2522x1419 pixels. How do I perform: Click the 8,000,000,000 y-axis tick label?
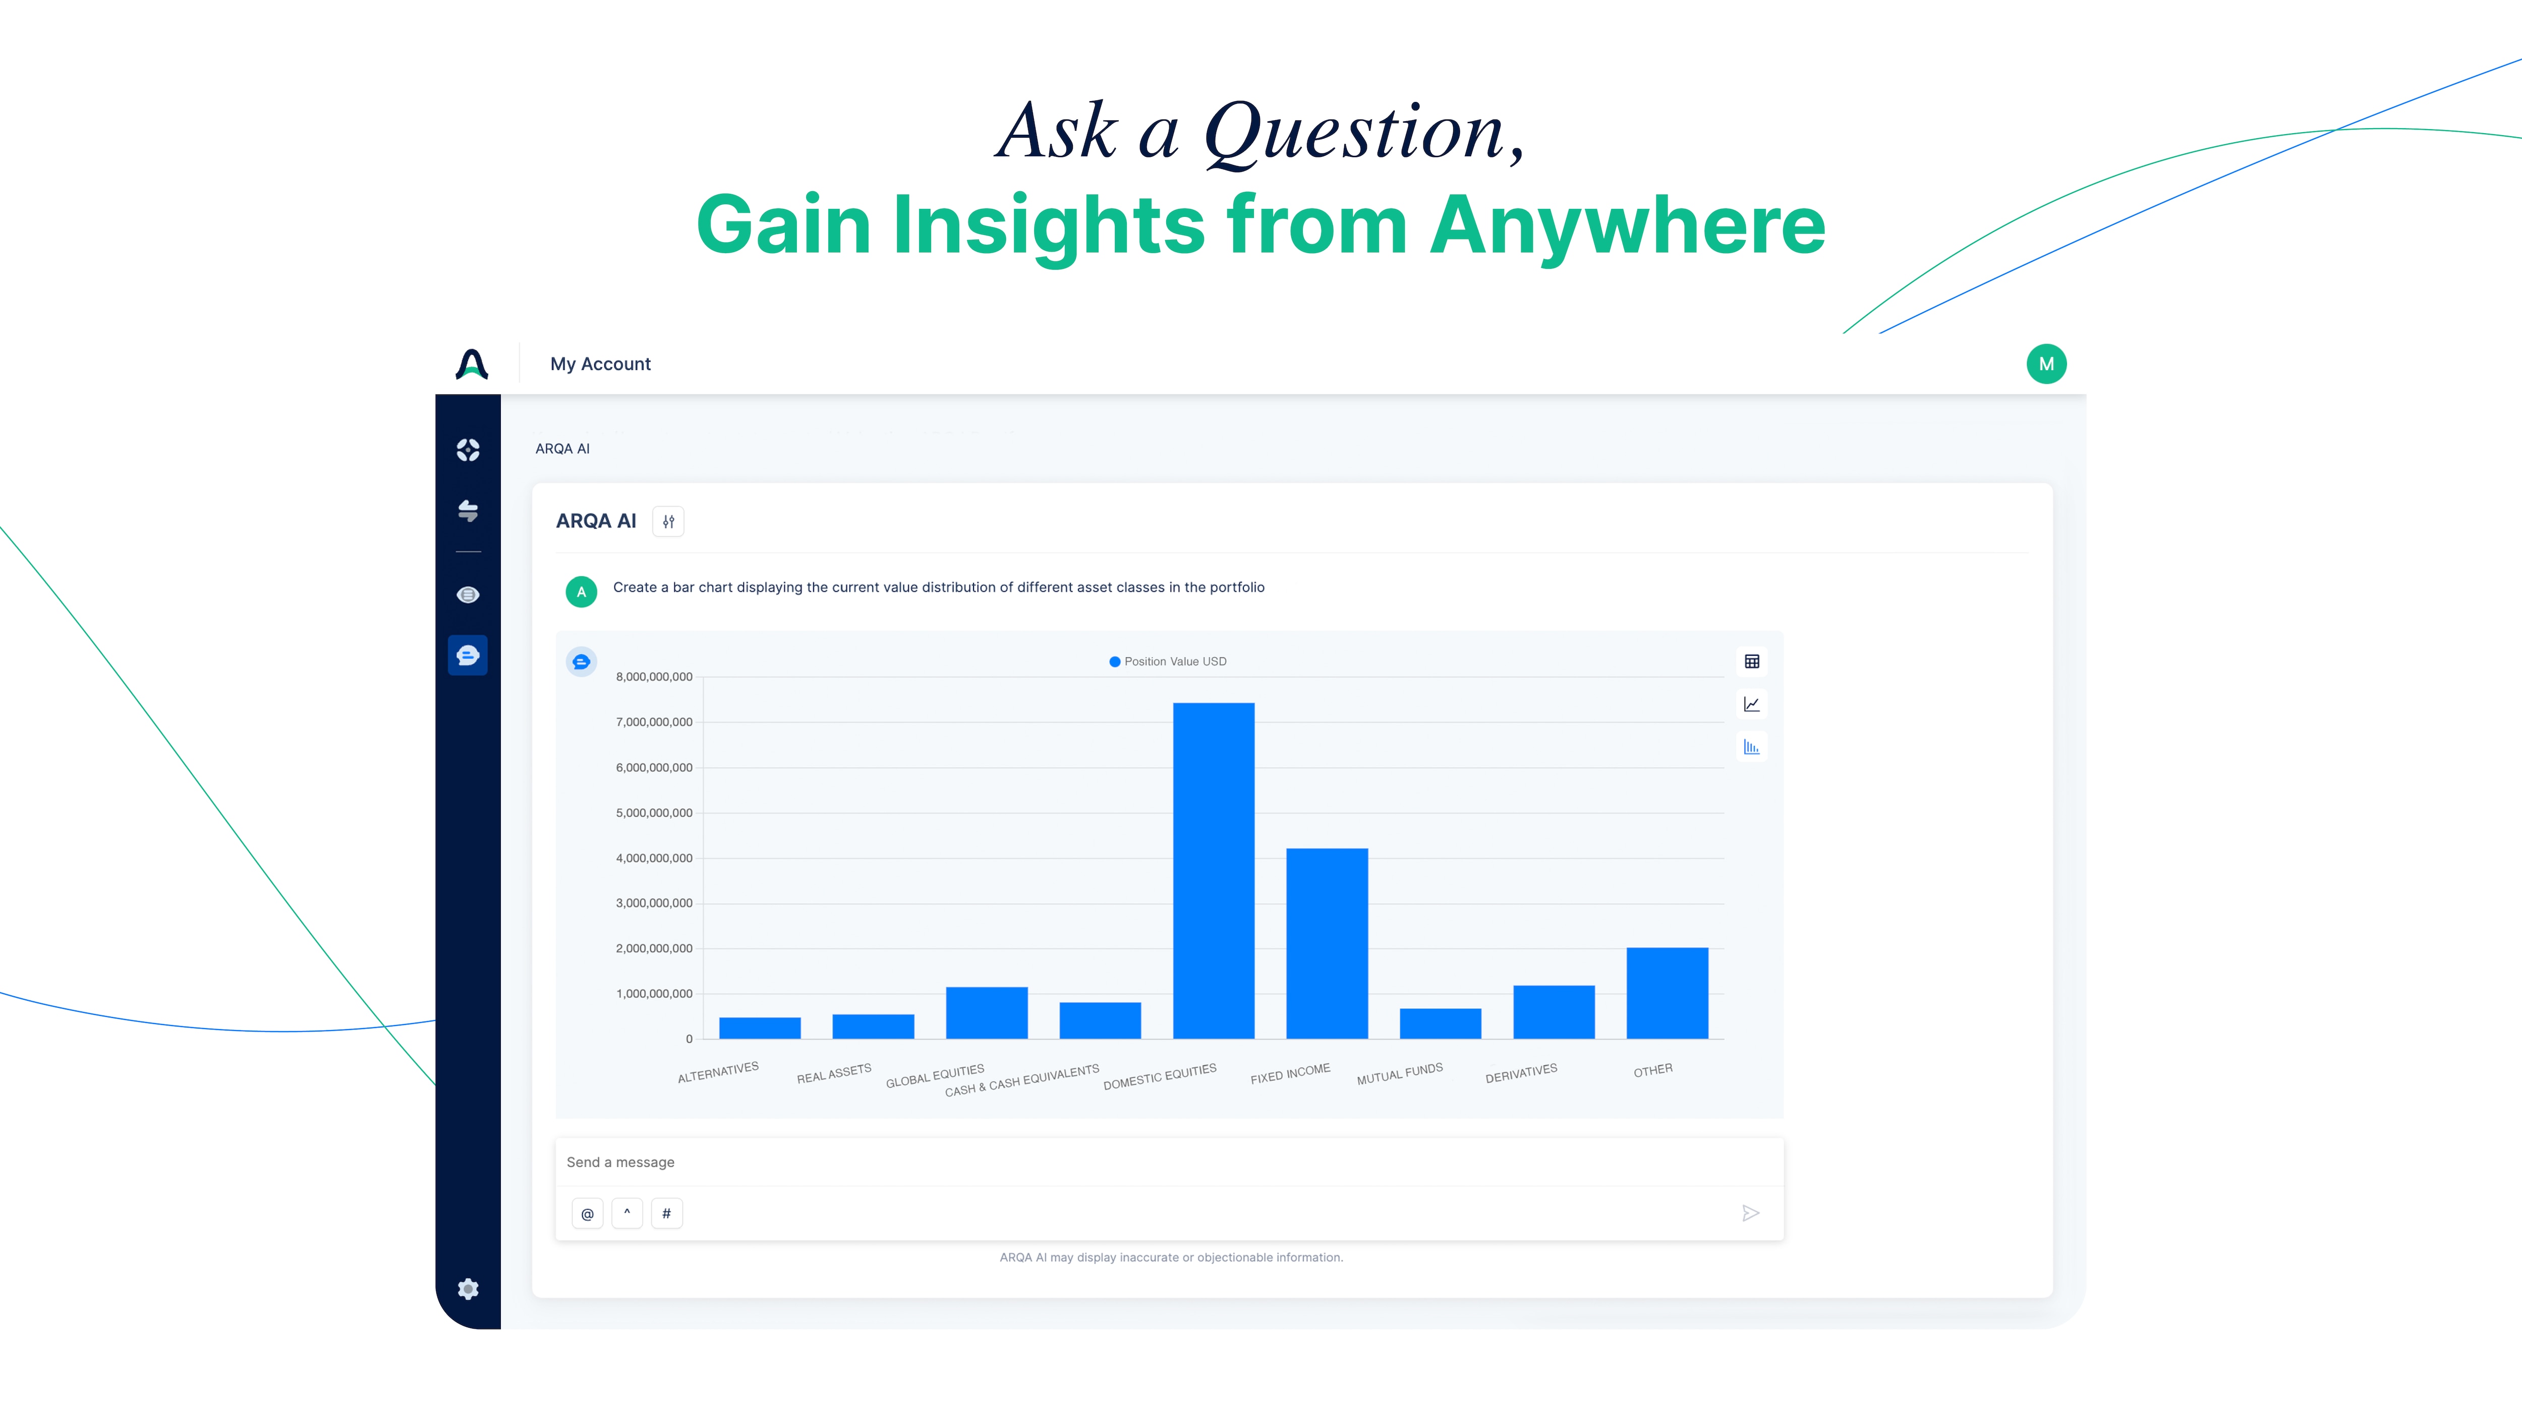point(654,676)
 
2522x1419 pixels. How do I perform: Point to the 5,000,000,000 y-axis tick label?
point(654,813)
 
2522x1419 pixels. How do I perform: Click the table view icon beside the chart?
point(1751,662)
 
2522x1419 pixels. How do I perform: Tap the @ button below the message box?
point(588,1213)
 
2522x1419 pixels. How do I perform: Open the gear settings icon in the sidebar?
point(468,1289)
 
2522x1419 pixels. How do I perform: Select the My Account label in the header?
point(600,364)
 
